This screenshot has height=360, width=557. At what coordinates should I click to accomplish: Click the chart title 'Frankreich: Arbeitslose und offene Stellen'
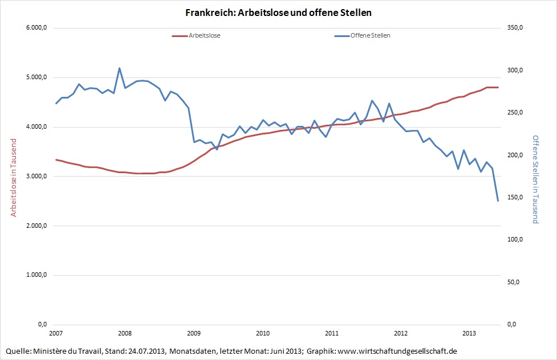[278, 12]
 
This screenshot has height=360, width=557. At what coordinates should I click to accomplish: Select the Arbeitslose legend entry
[204, 35]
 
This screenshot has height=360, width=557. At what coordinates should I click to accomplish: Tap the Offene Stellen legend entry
[370, 35]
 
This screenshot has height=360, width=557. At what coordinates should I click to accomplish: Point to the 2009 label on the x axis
[193, 333]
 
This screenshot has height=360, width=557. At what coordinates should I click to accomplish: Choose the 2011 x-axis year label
[331, 333]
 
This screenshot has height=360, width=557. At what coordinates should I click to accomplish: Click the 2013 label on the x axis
[469, 333]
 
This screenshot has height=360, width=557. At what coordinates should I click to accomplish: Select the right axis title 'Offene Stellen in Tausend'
[535, 179]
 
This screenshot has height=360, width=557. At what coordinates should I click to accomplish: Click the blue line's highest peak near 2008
[119, 68]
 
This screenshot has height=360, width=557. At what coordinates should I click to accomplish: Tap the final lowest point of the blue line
[498, 201]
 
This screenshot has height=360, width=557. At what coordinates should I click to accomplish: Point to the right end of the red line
[498, 87]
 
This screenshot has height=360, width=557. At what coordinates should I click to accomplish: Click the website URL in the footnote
[398, 350]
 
